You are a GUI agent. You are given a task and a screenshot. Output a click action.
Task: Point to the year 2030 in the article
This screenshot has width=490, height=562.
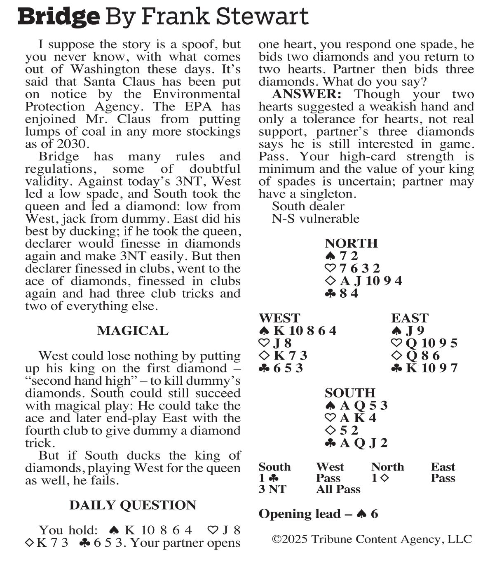pyautogui.click(x=73, y=144)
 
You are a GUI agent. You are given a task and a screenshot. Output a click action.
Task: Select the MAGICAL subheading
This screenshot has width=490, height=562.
pyautogui.click(x=133, y=331)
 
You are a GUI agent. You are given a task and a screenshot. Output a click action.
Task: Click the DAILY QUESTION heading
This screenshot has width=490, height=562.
pyautogui.click(x=133, y=506)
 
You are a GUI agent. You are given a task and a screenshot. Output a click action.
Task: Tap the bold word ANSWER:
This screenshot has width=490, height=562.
pyautogui.click(x=307, y=94)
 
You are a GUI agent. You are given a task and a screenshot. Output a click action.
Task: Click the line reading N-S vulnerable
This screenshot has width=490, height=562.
pyautogui.click(x=315, y=219)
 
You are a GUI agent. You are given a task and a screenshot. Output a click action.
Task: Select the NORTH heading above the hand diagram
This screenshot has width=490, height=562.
pyautogui.click(x=351, y=244)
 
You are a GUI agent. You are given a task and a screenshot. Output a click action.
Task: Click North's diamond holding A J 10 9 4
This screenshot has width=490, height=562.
pyautogui.click(x=370, y=281)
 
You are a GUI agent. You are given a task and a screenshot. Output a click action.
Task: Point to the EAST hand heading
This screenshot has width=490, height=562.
pyautogui.click(x=410, y=318)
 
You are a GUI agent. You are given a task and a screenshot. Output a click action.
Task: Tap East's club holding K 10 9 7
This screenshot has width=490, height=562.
pyautogui.click(x=431, y=368)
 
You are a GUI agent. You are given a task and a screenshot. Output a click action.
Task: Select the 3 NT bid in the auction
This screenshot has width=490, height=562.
pyautogui.click(x=272, y=489)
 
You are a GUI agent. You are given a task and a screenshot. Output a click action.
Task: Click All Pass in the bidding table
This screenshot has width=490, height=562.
pyautogui.click(x=338, y=489)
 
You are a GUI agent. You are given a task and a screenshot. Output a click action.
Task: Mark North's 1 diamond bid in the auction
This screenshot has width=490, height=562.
pyautogui.click(x=380, y=478)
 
